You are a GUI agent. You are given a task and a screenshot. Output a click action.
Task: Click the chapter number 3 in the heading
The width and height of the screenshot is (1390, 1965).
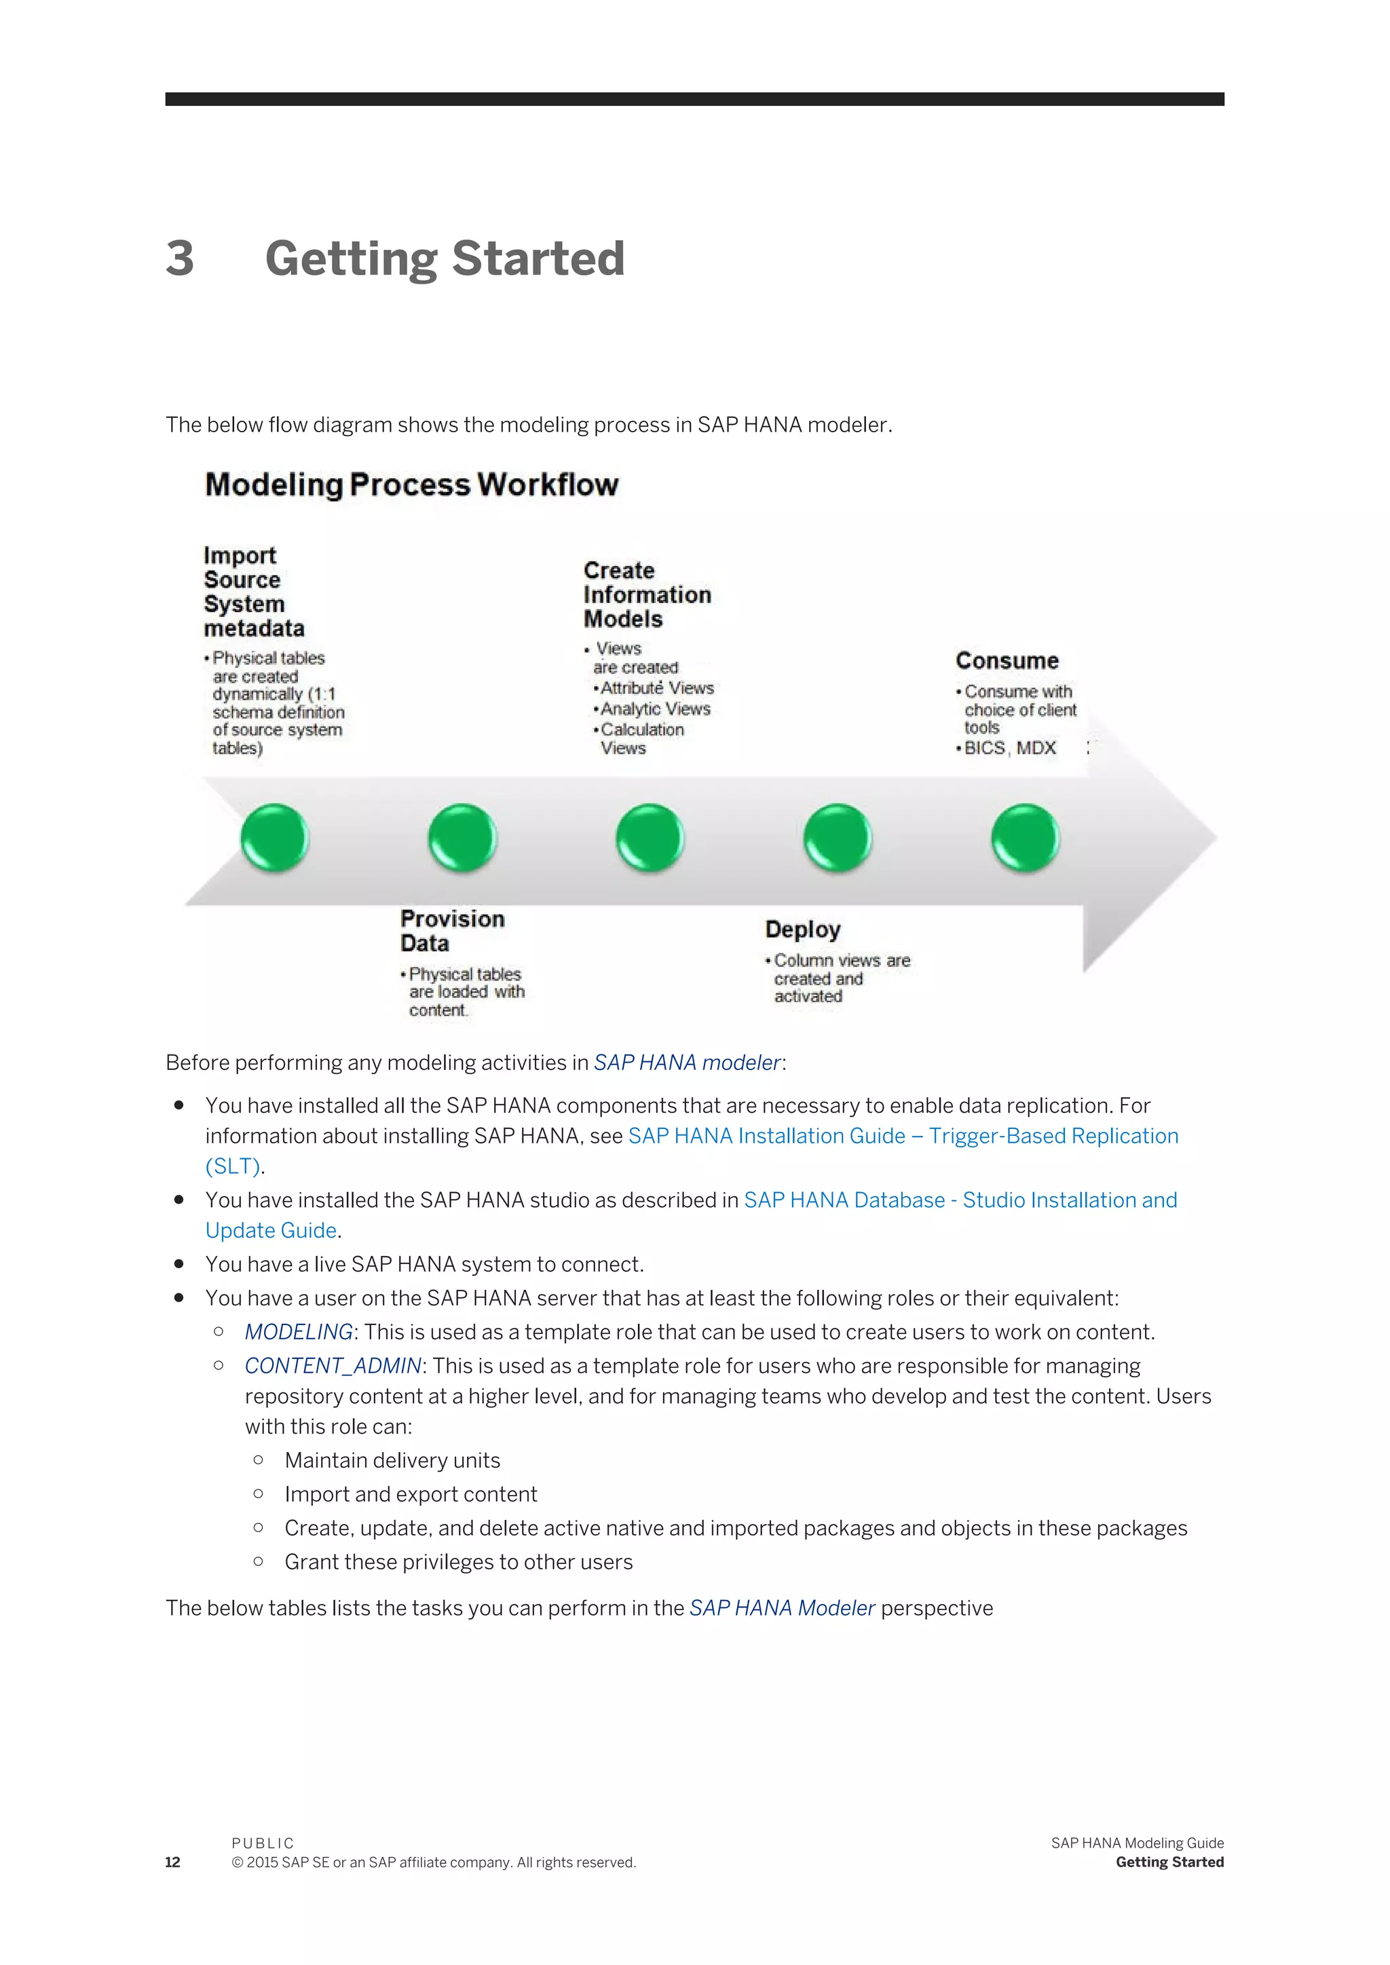180,259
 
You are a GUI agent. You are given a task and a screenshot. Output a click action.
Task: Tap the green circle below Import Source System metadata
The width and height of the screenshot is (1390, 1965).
274,837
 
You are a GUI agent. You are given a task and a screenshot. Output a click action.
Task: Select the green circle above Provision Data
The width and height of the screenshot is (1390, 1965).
462,837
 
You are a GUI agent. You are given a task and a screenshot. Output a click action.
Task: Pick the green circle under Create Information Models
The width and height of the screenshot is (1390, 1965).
650,837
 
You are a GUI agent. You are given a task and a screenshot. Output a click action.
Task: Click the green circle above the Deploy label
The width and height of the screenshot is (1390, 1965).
837,837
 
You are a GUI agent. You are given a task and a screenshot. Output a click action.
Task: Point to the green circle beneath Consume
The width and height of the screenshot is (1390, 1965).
1025,837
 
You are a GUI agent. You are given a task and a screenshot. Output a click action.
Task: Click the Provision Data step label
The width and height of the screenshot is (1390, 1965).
452,930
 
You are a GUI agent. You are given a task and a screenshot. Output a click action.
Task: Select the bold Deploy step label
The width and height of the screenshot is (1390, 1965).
802,930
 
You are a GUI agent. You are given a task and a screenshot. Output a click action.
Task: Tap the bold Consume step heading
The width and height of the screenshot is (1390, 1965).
1007,661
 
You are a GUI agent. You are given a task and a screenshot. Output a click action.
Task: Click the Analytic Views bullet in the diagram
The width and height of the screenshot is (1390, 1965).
655,708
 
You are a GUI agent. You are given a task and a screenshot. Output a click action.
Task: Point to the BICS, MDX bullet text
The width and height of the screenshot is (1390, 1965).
1010,748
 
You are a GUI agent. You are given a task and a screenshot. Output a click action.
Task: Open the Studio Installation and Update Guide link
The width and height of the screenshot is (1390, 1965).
960,1200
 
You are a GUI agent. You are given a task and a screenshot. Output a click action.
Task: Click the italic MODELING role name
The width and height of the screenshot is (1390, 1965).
299,1332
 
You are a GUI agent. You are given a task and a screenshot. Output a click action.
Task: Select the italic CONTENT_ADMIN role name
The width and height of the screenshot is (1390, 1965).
333,1365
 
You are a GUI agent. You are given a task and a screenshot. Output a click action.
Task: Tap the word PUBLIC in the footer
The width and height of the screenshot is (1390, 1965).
263,1843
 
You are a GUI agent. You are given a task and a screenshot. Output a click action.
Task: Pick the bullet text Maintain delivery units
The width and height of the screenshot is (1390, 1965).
392,1460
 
